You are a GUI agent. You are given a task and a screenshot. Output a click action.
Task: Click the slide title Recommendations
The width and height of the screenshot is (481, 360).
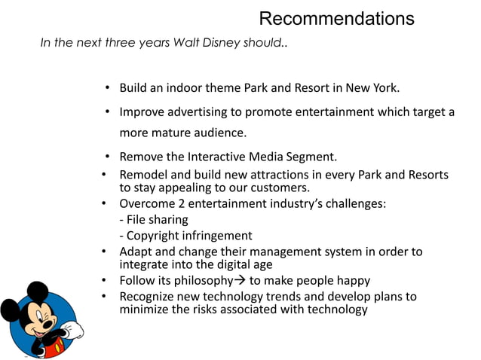click(336, 19)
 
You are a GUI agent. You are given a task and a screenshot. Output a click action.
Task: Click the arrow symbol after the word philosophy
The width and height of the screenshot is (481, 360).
click(239, 280)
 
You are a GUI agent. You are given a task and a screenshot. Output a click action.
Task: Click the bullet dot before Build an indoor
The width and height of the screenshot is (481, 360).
click(108, 88)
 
